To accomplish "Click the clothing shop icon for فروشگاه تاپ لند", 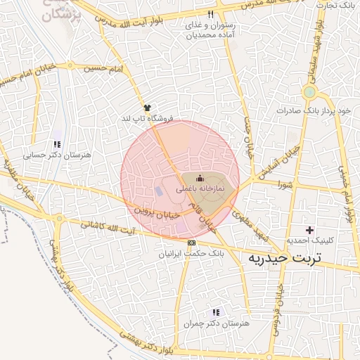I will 147,108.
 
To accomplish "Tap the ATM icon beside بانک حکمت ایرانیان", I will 192,243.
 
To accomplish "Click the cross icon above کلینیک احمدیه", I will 309,230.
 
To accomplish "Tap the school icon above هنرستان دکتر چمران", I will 216,311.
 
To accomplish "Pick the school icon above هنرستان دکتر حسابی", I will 55,145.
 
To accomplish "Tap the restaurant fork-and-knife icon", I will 210,14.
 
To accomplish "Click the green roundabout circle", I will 309,92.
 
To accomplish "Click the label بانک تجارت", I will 333,6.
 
